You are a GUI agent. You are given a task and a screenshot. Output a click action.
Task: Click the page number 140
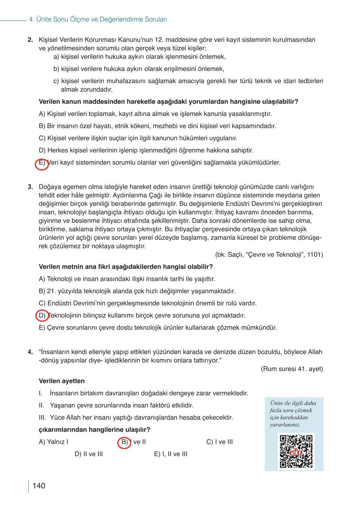(39, 486)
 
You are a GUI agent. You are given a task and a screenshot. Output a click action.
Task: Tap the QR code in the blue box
(296, 451)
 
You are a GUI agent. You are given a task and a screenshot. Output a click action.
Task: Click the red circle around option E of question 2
(42, 164)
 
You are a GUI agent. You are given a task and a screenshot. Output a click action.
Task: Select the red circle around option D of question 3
(42, 316)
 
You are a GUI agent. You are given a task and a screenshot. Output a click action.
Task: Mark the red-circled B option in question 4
(124, 443)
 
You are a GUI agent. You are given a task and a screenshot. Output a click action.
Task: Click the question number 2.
(30, 40)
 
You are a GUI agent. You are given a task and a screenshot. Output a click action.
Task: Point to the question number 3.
(30, 187)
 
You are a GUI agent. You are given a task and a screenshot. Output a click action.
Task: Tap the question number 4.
(30, 352)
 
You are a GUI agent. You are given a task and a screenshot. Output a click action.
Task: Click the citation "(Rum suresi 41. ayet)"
(292, 369)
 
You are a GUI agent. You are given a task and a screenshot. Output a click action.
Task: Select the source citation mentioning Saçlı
(269, 254)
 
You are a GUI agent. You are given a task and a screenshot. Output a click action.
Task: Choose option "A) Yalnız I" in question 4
(53, 442)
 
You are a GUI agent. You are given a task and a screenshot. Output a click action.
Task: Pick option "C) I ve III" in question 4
(219, 442)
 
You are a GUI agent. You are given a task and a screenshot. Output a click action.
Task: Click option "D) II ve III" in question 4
(89, 454)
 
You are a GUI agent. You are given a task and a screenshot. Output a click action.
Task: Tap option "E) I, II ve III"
(170, 454)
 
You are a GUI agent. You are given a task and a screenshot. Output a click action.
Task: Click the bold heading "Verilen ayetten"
(62, 381)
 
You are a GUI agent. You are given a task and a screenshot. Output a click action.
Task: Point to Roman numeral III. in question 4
(42, 417)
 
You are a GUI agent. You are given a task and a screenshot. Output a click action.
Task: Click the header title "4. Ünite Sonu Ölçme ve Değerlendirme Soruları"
(98, 20)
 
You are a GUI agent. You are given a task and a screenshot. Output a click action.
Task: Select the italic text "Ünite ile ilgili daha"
(293, 403)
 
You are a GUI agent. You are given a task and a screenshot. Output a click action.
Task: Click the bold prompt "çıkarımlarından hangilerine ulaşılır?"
(94, 429)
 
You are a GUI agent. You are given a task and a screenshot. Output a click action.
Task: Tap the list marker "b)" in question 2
(56, 69)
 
